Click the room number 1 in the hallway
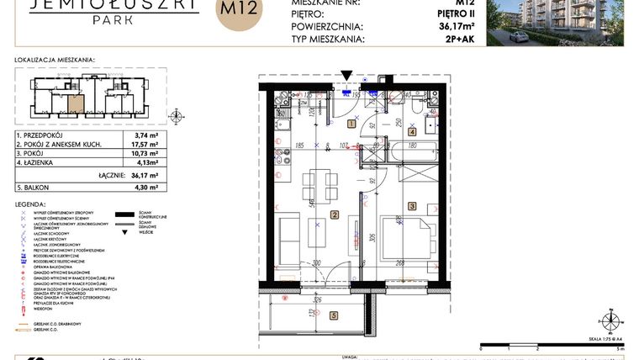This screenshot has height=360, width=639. pos(351,124)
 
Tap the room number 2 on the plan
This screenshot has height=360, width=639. pos(334,216)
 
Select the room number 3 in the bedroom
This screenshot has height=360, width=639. pos(412,205)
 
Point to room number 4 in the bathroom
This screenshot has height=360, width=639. pos(412,132)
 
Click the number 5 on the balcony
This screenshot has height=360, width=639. pos(334,316)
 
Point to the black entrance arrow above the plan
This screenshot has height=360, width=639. pos(347,77)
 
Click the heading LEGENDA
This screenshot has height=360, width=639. pos(30,204)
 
